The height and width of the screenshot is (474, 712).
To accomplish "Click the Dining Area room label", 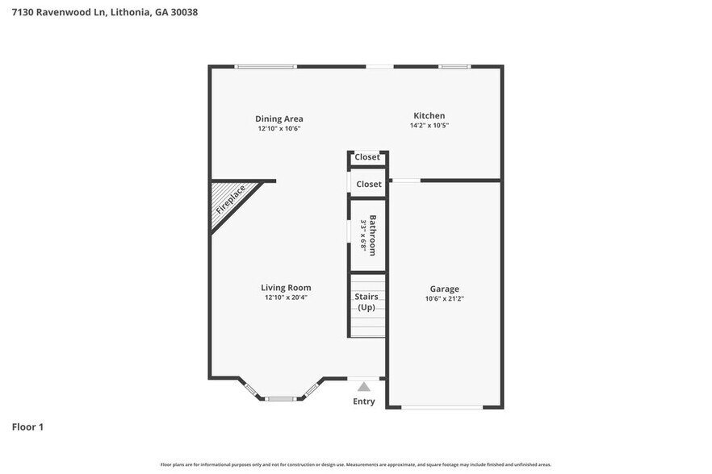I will coord(279,119).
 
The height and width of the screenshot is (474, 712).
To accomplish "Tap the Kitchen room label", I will coord(429,116).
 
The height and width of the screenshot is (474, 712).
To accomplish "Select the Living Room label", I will coord(286,288).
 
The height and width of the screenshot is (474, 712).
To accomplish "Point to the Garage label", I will coord(444,289).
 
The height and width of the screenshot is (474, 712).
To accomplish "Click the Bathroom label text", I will coord(372,235).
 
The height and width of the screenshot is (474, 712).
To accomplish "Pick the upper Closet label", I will coord(367,157).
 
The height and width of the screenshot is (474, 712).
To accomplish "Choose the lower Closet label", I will coord(369,185).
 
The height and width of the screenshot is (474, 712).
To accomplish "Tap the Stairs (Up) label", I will coord(366,302).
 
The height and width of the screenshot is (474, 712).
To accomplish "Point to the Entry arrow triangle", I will coord(364,387).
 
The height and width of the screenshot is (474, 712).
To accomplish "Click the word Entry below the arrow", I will coord(364,401).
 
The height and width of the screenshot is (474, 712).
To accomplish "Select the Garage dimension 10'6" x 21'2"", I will coord(444,299).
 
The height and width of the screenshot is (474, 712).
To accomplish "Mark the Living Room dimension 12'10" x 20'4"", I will coord(286,297).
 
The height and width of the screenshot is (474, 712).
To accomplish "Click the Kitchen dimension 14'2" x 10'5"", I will coord(429,126).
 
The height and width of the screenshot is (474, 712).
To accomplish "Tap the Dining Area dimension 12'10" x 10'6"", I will coord(279,129).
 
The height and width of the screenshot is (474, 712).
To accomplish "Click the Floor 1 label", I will coord(27,426).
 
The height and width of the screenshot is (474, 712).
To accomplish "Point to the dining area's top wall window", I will coord(265,66).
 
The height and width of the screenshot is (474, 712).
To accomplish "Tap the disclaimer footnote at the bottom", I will coord(355,464).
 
